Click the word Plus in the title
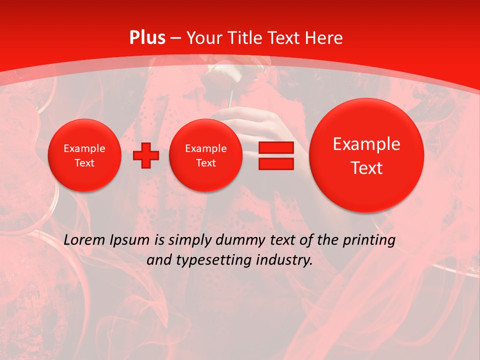click(x=147, y=38)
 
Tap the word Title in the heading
click(x=243, y=38)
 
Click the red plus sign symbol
click(x=145, y=155)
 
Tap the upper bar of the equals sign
click(x=276, y=148)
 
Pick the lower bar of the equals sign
click(x=276, y=164)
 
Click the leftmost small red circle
click(x=84, y=155)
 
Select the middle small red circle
click(x=205, y=155)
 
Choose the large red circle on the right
click(x=366, y=155)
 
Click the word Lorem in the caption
click(x=84, y=240)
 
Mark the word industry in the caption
click(x=285, y=260)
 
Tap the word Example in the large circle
click(x=366, y=144)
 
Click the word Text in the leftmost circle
click(x=84, y=163)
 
